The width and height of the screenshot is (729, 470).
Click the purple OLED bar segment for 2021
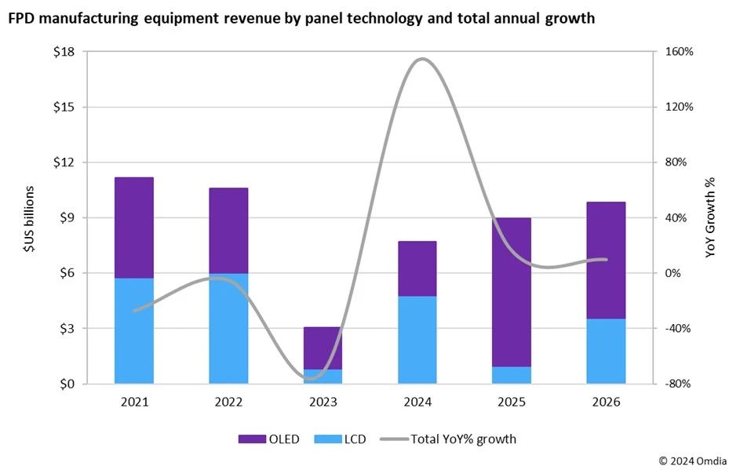click(133, 228)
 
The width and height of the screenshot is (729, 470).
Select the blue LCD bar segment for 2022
click(228, 328)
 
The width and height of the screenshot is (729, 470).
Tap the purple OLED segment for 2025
click(512, 292)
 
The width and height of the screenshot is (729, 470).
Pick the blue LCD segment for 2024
click(417, 340)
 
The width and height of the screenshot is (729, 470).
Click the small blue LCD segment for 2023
click(323, 376)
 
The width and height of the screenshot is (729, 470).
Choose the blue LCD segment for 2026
click(607, 351)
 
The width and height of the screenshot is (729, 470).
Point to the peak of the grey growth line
click(422, 59)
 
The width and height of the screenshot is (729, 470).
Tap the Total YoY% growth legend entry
click(448, 439)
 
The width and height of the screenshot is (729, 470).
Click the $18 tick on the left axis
click(64, 52)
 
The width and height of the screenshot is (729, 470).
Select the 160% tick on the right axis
click(679, 52)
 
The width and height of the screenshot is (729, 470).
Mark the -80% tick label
click(679, 384)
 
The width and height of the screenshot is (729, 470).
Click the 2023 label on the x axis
click(323, 402)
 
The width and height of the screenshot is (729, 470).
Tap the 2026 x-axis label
click(607, 402)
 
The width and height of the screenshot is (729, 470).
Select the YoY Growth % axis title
click(710, 218)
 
